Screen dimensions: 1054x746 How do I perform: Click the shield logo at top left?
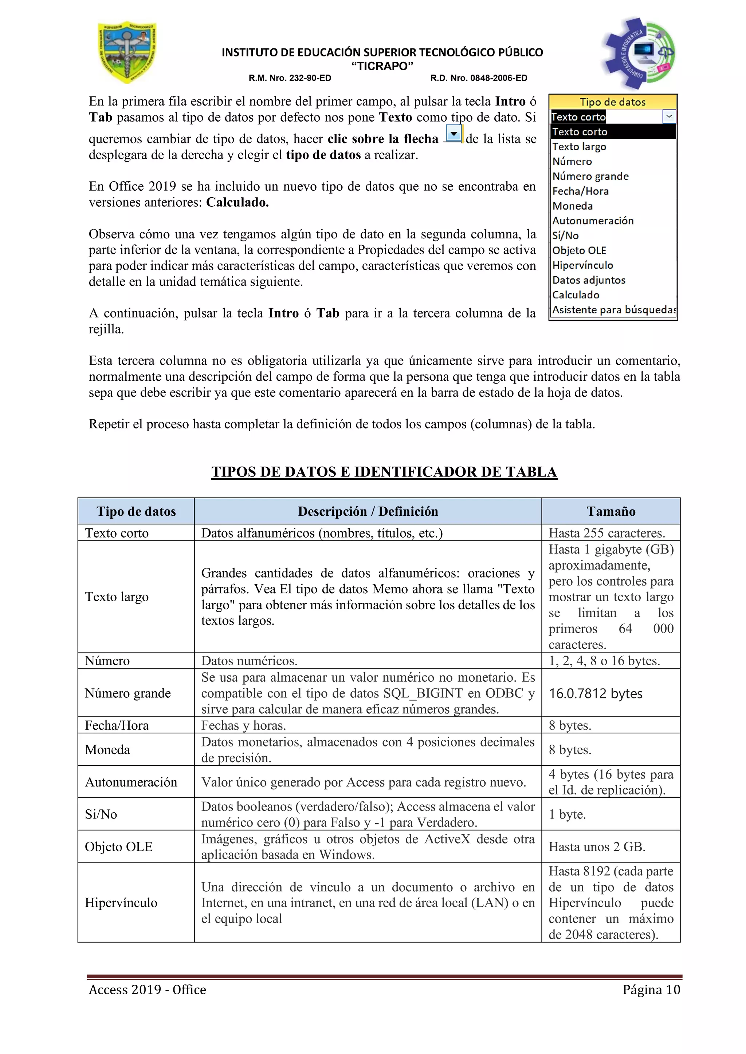coord(127,52)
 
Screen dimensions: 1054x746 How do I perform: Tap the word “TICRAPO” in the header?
coord(382,66)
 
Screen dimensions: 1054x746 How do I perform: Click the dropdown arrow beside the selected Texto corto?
coord(669,116)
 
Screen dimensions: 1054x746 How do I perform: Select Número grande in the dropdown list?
coord(590,176)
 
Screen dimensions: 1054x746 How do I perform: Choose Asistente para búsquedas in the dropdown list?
coord(613,310)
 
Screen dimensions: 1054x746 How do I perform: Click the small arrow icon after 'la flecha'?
coord(454,134)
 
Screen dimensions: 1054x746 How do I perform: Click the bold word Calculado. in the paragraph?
coord(237,202)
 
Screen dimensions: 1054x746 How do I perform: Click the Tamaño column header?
coord(610,511)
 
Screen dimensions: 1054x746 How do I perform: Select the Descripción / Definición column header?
coord(368,511)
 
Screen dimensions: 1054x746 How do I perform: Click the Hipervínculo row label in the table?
coord(121,903)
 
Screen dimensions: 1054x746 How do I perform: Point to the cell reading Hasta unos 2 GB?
coord(597,847)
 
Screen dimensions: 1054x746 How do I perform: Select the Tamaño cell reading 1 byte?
coord(567,815)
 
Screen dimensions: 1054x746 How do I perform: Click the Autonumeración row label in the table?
coord(131,782)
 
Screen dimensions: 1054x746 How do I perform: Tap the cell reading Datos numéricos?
coord(249,661)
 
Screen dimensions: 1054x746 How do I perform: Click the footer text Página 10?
coord(651,990)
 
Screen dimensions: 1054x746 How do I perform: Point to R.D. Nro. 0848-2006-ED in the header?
coord(478,78)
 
